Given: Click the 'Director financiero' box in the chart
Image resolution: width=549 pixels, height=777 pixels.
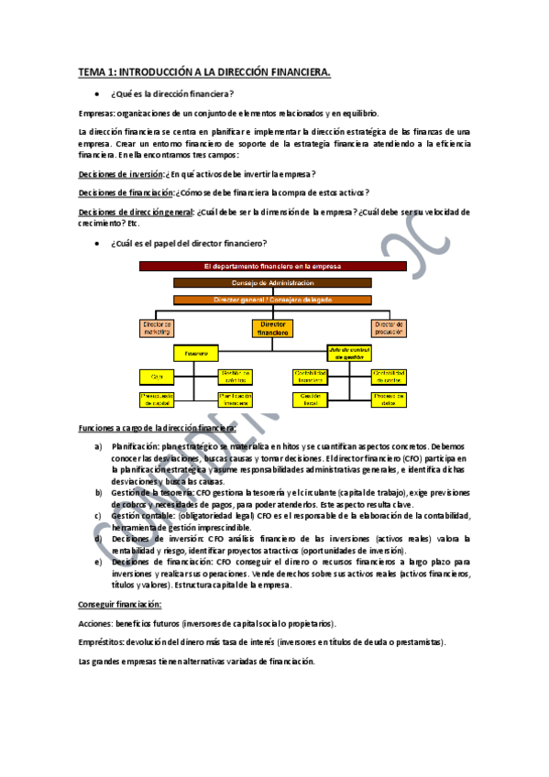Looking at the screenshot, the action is click(x=273, y=328).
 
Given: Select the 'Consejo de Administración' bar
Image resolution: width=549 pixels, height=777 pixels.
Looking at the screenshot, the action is click(x=273, y=283).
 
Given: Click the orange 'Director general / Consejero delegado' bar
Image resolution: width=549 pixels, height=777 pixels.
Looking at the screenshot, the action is click(x=273, y=299).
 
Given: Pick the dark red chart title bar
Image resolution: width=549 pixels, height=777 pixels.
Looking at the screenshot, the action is click(x=272, y=266).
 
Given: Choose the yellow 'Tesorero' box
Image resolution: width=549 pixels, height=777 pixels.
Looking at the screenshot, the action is click(x=195, y=352).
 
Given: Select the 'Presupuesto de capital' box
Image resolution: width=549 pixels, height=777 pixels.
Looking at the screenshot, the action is click(x=156, y=399).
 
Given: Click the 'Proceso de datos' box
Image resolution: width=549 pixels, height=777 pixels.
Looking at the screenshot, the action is click(x=389, y=399).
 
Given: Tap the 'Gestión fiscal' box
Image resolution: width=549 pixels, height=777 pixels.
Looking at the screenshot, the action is click(x=311, y=399).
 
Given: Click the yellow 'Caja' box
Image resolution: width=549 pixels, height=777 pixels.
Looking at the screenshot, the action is click(x=156, y=375).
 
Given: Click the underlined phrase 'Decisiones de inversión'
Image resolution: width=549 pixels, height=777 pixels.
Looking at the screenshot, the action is click(x=120, y=174).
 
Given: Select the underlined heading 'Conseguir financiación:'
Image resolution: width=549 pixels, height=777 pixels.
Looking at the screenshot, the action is click(x=120, y=604).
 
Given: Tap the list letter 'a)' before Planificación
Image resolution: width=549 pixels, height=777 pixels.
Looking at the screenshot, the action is click(x=99, y=446).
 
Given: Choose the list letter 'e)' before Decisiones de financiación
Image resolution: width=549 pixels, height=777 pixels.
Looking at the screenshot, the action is click(x=99, y=562).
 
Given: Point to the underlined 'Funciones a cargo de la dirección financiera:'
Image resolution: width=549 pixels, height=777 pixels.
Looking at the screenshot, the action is click(x=158, y=428).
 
